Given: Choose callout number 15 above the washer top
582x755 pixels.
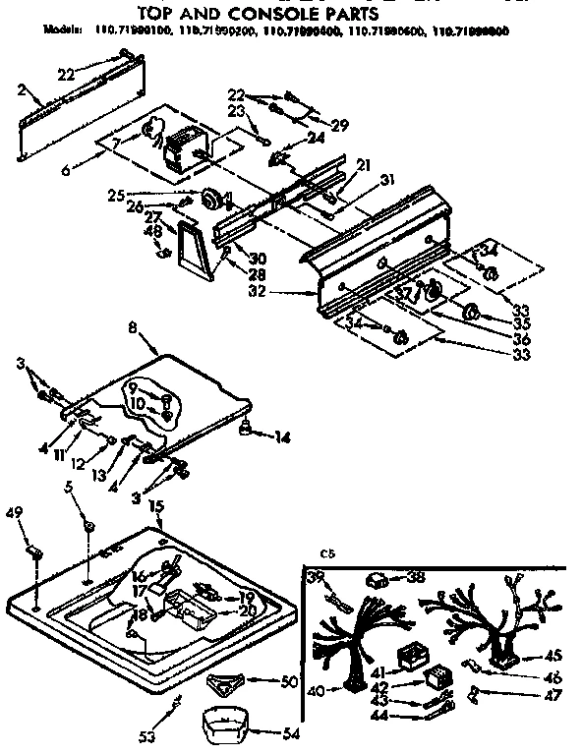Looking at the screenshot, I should [155, 507].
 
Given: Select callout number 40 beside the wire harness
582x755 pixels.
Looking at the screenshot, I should [315, 691].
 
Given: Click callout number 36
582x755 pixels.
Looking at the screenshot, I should [521, 339].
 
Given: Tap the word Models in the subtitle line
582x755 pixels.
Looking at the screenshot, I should [64, 31].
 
